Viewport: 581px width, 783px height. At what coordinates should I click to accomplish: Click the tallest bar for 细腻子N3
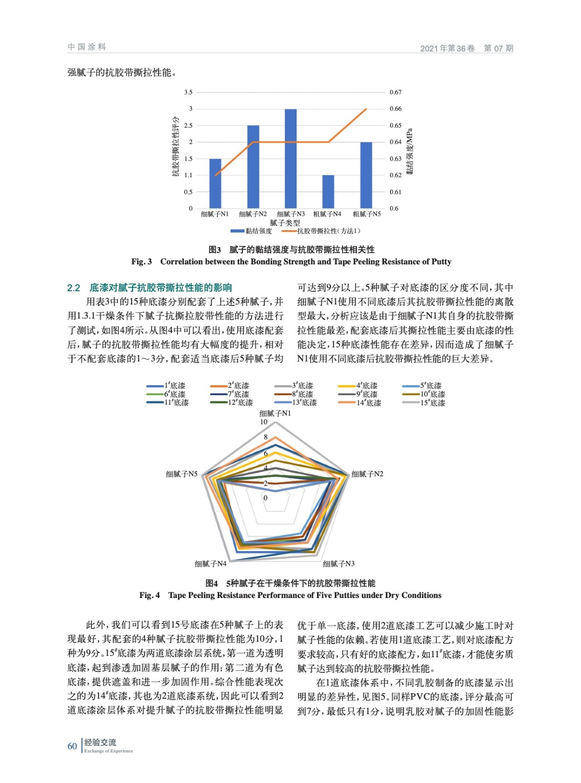(291, 159)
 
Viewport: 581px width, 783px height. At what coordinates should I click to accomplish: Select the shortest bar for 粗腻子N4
(328, 191)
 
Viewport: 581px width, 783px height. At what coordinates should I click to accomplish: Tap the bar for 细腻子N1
(215, 184)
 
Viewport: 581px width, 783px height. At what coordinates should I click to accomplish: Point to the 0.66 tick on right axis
(395, 109)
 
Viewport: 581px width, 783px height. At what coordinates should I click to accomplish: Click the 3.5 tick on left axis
(188, 92)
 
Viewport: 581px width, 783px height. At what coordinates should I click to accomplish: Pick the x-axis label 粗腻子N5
(367, 214)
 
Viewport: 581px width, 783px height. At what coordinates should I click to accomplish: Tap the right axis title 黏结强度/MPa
(410, 151)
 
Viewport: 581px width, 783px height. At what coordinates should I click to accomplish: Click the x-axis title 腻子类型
(285, 223)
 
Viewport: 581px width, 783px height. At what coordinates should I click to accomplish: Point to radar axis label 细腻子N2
(367, 474)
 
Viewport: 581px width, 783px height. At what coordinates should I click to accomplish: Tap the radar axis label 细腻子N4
(210, 564)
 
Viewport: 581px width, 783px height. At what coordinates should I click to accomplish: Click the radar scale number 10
(264, 422)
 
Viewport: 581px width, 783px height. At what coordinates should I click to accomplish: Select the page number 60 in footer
(72, 746)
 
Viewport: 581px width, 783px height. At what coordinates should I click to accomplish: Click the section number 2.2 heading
(73, 288)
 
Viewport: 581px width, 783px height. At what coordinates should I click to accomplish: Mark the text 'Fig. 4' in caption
(149, 595)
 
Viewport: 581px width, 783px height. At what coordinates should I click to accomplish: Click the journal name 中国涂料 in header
(87, 47)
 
